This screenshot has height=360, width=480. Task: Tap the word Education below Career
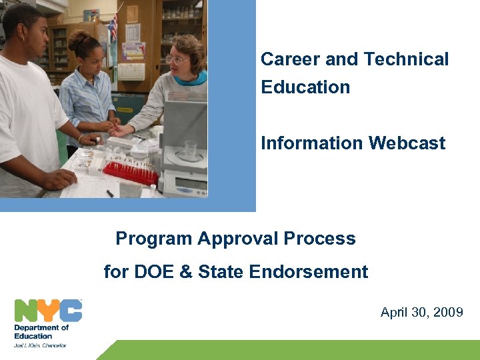point(305,87)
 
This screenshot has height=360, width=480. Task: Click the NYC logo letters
point(48,311)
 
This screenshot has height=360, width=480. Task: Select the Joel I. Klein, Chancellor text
point(41,345)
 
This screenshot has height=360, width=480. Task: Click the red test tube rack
point(130,173)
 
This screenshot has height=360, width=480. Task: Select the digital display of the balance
point(190,183)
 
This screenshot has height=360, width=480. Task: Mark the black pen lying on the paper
point(110,193)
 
